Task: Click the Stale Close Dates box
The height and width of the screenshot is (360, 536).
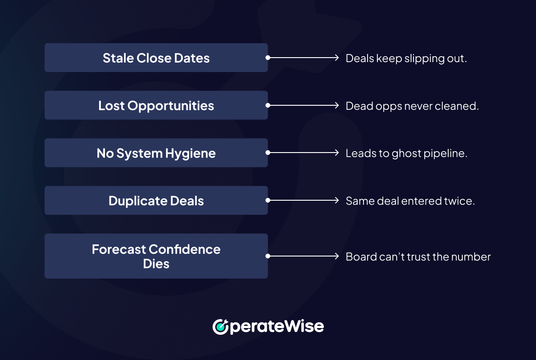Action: [156, 58]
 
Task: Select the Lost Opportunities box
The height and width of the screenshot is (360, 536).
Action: [156, 105]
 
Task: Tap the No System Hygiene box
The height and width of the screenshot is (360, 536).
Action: [156, 153]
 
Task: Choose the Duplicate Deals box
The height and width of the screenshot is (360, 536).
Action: [156, 200]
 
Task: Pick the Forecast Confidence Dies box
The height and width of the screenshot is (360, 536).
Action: [156, 256]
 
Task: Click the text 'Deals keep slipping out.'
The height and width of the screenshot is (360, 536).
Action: [406, 58]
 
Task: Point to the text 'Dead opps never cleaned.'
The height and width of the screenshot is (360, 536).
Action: [412, 106]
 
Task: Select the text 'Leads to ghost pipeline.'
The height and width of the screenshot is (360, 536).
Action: [406, 153]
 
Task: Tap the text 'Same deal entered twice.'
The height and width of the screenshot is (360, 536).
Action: [410, 201]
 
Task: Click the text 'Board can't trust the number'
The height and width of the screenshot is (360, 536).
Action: [418, 256]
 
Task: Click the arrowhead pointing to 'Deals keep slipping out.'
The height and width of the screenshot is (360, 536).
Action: [336, 58]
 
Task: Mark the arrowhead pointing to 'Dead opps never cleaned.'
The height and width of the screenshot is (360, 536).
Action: [336, 105]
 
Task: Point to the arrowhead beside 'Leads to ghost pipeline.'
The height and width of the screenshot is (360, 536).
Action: [336, 153]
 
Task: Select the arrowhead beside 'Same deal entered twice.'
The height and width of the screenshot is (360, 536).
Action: [336, 200]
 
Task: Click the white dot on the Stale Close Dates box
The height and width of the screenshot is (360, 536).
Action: [268, 58]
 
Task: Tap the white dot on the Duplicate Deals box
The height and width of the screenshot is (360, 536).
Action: [268, 200]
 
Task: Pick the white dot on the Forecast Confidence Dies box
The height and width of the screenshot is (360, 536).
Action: [268, 256]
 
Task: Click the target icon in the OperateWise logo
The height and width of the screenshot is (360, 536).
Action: [221, 327]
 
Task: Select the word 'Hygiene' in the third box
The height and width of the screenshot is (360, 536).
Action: [191, 154]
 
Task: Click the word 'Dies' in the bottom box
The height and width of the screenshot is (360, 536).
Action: [156, 264]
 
